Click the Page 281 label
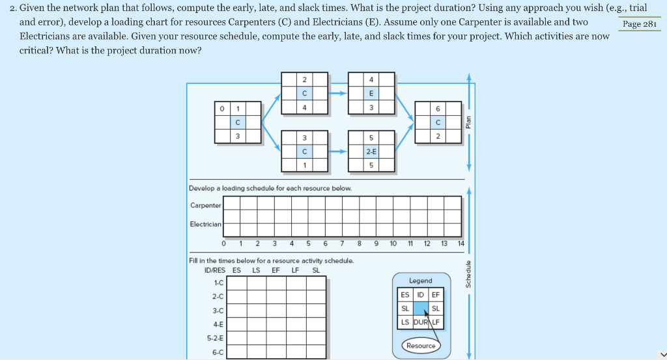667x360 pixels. [x=640, y=24]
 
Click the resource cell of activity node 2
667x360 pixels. [x=304, y=92]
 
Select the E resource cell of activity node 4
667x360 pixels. [x=371, y=92]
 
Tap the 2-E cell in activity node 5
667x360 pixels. [x=371, y=151]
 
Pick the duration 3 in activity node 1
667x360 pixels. [x=238, y=136]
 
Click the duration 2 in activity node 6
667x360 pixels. [x=438, y=136]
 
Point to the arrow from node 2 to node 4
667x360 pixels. [x=337, y=93]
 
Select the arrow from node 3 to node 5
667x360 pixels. [x=337, y=151]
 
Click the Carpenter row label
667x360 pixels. [x=205, y=206]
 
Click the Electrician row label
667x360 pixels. [x=205, y=225]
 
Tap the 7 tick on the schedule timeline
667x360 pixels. [x=342, y=244]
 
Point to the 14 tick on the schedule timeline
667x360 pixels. [x=461, y=244]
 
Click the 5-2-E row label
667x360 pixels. [x=214, y=339]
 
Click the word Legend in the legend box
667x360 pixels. [x=420, y=281]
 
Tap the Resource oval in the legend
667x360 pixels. [x=420, y=346]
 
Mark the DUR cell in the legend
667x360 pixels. [x=420, y=322]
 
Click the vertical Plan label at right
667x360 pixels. [x=467, y=123]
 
